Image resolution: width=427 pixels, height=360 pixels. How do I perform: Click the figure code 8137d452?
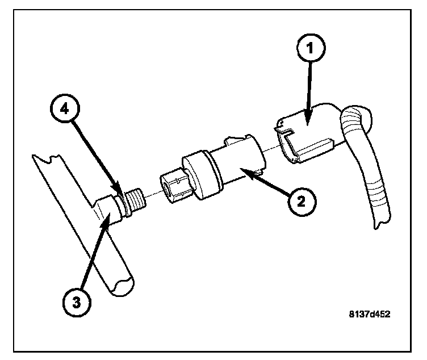click(369, 313)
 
